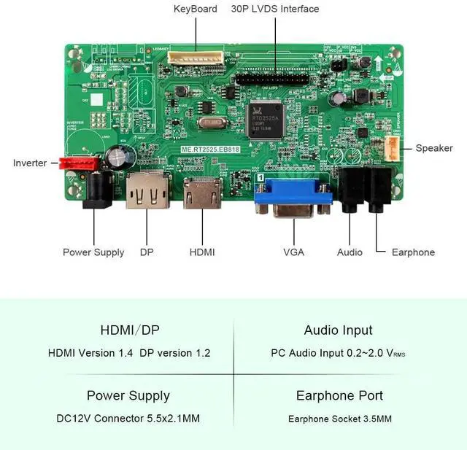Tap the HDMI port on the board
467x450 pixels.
(202, 193)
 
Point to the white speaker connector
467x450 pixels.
(393, 148)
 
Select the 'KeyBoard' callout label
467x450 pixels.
(195, 9)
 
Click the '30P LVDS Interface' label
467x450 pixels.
(275, 9)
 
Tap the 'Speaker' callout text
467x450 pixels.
(434, 148)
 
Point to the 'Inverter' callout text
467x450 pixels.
(30, 163)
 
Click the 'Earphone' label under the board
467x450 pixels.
(413, 252)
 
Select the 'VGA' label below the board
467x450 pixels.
(293, 252)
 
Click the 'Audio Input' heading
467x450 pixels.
(338, 330)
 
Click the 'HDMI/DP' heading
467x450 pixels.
(128, 330)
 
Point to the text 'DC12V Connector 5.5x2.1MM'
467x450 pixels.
(128, 419)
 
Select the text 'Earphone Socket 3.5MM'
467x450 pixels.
(340, 419)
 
